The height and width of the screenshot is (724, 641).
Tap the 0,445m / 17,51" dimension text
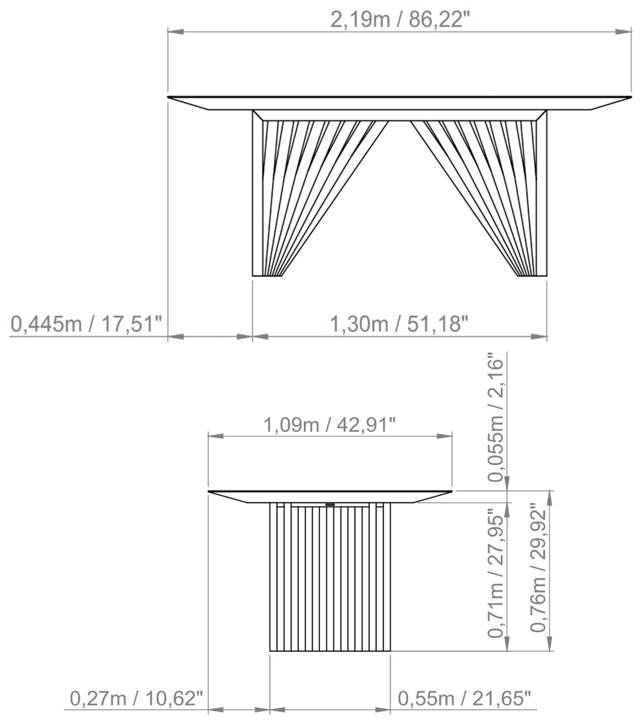[x=86, y=324]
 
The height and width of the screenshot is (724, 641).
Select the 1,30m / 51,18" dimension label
[x=399, y=324]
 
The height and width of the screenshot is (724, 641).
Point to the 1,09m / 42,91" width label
[x=330, y=425]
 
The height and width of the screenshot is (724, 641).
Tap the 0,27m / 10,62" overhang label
[x=136, y=699]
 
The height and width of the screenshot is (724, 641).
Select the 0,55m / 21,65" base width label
[x=464, y=699]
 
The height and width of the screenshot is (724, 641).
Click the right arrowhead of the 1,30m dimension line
[x=539, y=337]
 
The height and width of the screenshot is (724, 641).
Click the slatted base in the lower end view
[x=330, y=578]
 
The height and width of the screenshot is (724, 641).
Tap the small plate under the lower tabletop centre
[x=330, y=505]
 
